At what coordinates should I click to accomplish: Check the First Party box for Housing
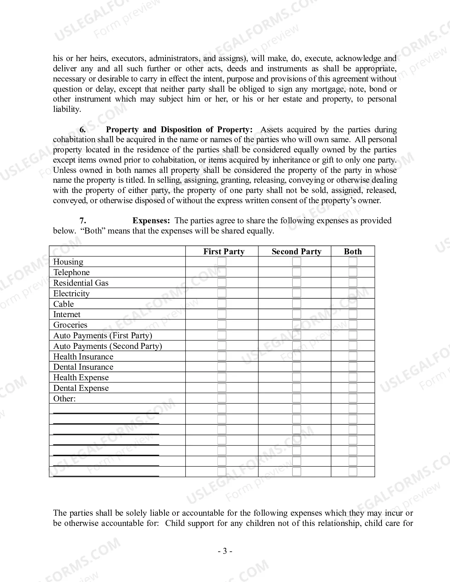[x=222, y=262]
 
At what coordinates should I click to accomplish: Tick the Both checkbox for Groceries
[x=353, y=325]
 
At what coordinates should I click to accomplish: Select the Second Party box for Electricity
[x=297, y=293]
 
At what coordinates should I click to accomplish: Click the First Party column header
[x=224, y=251]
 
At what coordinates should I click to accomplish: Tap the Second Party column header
[x=296, y=251]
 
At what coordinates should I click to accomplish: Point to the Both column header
[x=353, y=251]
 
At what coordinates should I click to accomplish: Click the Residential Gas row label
[x=81, y=283]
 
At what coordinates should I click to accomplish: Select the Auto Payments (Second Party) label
[x=108, y=346]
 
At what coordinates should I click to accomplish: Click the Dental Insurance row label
[x=83, y=367]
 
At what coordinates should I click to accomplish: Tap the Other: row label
[x=65, y=399]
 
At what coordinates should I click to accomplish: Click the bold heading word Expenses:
[x=151, y=221]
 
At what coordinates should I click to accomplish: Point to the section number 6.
[x=83, y=130]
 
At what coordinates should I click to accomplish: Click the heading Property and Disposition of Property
[x=179, y=130]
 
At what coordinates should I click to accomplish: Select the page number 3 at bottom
[x=225, y=551]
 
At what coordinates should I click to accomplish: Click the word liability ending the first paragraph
[x=67, y=109]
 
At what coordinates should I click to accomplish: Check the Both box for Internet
[x=353, y=314]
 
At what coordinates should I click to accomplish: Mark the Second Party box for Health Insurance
[x=297, y=356]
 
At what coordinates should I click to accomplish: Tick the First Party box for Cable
[x=222, y=304]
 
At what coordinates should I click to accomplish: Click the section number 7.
[x=83, y=221]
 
